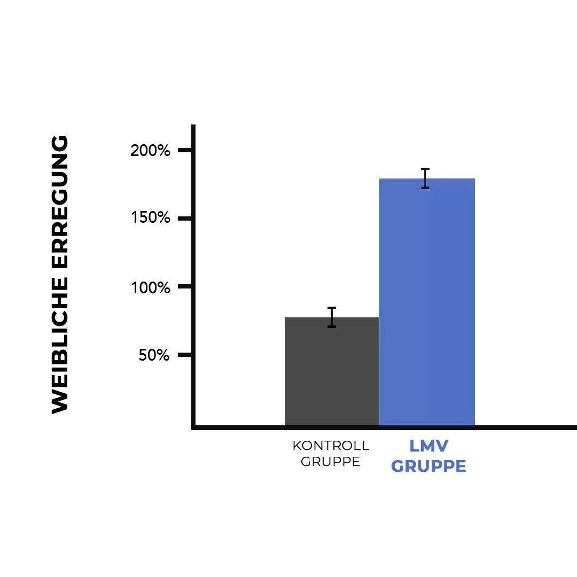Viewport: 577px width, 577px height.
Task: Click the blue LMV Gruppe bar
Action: (426, 302)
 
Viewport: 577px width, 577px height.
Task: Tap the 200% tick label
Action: (150, 151)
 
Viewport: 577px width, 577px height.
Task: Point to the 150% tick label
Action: (150, 219)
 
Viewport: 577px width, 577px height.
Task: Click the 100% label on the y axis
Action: (150, 287)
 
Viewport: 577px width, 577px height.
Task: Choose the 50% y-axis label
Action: (154, 355)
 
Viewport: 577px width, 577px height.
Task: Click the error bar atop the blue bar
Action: (425, 178)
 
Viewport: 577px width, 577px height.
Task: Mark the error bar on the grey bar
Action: (332, 317)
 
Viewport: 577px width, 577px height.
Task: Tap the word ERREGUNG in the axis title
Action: (60, 204)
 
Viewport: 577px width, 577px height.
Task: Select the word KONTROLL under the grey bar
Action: (331, 446)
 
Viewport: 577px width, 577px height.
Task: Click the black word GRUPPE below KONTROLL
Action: (330, 462)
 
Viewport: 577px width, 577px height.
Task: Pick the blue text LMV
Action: (428, 446)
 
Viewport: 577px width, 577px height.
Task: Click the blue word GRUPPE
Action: (428, 466)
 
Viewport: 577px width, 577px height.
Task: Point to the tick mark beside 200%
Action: (184, 151)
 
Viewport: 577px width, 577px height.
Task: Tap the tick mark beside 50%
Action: (184, 355)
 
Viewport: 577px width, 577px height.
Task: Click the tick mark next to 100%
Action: (184, 287)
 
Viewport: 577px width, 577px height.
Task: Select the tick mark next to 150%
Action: (184, 219)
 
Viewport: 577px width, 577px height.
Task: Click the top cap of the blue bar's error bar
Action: (425, 169)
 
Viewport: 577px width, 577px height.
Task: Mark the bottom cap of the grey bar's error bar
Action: (332, 326)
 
